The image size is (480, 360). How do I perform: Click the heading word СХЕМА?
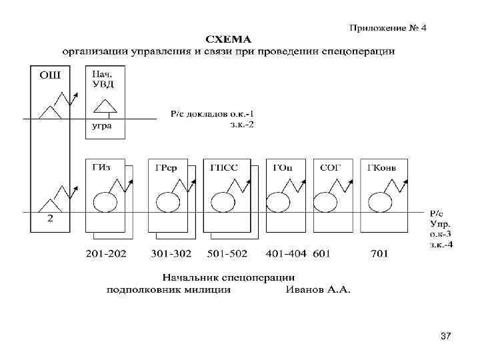228,38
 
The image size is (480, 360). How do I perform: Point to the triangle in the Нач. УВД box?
103,107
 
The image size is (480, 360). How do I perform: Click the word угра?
102,125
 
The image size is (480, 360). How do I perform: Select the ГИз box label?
101,167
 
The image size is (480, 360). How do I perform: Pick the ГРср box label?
166,167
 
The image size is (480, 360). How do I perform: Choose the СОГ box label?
329,167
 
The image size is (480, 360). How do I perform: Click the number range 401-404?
285,253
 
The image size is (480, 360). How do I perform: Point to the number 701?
379,253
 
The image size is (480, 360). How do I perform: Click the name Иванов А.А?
318,289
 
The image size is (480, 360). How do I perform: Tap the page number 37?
446,338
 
